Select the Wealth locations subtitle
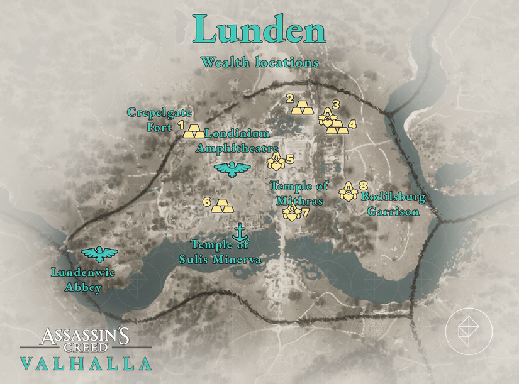[259, 63]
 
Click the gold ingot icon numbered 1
[194, 132]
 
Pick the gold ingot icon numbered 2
[303, 107]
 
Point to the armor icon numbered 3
[327, 117]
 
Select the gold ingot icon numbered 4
[337, 128]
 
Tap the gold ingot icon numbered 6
[222, 206]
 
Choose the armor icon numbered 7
[291, 212]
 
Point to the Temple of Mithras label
[299, 193]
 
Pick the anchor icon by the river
[239, 231]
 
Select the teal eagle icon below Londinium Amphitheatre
[232, 169]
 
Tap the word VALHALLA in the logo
[86, 363]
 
